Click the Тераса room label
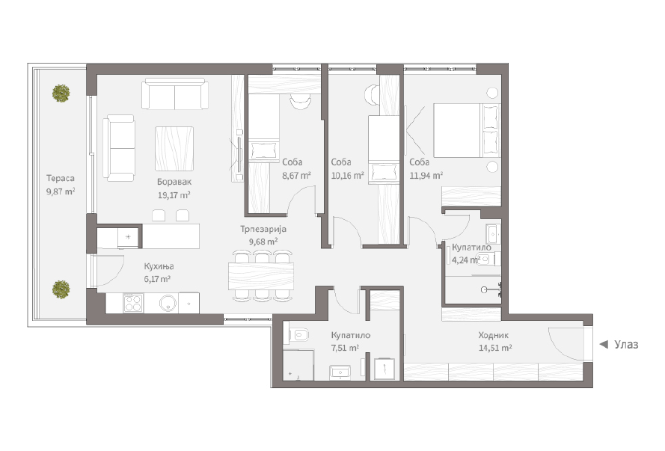[x=61, y=179]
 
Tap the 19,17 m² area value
[x=174, y=195]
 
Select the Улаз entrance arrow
[x=604, y=345]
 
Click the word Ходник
[x=493, y=335]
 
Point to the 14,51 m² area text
[x=495, y=348]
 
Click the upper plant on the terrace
[x=61, y=93]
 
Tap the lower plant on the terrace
[x=61, y=289]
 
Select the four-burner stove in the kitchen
[x=132, y=303]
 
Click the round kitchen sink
[x=168, y=303]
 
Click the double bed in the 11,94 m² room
[x=466, y=130]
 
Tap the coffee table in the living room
[x=174, y=148]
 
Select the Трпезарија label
[x=263, y=230]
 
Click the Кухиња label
[x=159, y=266]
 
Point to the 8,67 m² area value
[x=296, y=175]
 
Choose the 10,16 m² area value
[x=347, y=175]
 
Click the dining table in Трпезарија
[x=261, y=277]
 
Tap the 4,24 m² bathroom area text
[x=465, y=260]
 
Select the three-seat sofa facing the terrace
[x=119, y=148]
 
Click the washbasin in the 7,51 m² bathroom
[x=340, y=372]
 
